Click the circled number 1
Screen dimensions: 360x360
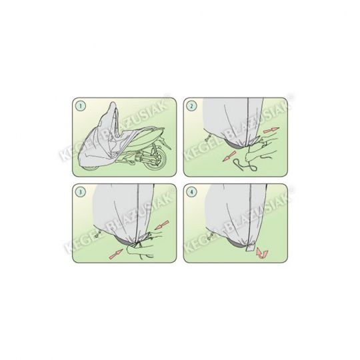tap(81, 106)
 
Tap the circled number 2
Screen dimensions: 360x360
tap(191, 106)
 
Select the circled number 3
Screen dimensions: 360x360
tap(81, 192)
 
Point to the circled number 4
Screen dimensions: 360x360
tap(191, 192)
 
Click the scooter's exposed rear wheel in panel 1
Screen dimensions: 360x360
tap(155, 161)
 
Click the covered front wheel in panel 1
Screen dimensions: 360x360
tap(91, 167)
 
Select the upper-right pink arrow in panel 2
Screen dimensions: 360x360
tap(271, 131)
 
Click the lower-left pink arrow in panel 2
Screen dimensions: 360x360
tap(229, 155)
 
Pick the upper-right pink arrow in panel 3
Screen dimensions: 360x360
tap(162, 225)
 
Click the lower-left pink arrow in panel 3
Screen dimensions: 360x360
tap(117, 255)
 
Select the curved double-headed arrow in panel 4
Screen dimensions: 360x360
tap(262, 253)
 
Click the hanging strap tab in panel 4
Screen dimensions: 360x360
tap(251, 247)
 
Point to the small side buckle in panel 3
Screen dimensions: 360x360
tap(99, 234)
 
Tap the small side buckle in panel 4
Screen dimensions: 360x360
tap(210, 236)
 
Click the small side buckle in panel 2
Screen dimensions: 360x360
tap(208, 137)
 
